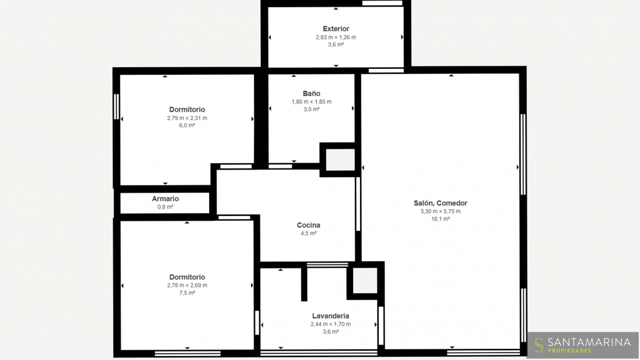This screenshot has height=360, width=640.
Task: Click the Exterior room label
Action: [336, 29]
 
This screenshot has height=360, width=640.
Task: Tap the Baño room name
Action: [311, 93]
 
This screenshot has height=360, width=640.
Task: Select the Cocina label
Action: [309, 225]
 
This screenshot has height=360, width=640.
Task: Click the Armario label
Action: [165, 198]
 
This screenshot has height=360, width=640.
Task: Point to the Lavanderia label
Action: [331, 316]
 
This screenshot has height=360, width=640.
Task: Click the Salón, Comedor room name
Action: [441, 203]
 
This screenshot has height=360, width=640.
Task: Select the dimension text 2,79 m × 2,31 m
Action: [187, 118]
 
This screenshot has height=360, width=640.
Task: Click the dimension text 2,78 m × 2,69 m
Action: [187, 285]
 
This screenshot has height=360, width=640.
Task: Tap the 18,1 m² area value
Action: [441, 219]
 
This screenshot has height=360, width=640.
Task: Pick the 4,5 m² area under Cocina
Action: [309, 233]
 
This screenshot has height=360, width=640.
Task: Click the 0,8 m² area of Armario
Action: [165, 206]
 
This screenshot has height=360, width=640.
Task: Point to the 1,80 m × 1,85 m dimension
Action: [311, 102]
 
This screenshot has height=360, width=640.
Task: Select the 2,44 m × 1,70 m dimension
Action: [331, 324]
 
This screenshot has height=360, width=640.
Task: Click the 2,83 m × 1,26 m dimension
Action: [336, 37]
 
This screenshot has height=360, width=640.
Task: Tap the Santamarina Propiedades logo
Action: [582, 345]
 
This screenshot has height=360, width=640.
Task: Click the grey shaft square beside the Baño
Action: [340, 159]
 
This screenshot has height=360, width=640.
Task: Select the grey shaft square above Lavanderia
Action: [365, 281]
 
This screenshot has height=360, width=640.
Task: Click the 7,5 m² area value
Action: [187, 293]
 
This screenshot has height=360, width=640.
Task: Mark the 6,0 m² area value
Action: [187, 125]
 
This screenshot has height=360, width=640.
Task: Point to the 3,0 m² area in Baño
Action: [311, 109]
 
